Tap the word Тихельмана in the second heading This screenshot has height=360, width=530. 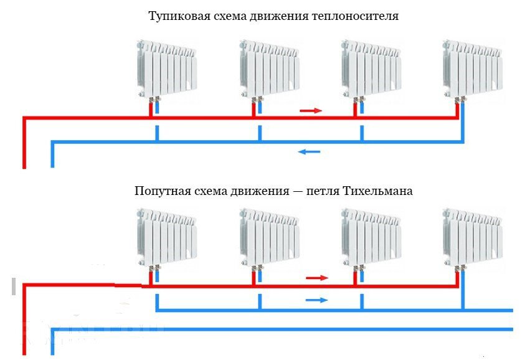(377, 191)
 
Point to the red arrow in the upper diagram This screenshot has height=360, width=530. (311, 110)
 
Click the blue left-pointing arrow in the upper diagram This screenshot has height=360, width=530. (309, 152)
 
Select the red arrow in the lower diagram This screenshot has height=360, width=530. (317, 278)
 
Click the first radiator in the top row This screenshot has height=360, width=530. (167, 69)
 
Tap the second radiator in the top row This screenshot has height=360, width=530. (270, 69)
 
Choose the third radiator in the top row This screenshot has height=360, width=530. (371, 69)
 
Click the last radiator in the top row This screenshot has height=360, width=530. (473, 69)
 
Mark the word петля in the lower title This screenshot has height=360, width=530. (323, 191)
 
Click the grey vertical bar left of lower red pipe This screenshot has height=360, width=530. (14, 287)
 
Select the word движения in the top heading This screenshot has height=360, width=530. (279, 17)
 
